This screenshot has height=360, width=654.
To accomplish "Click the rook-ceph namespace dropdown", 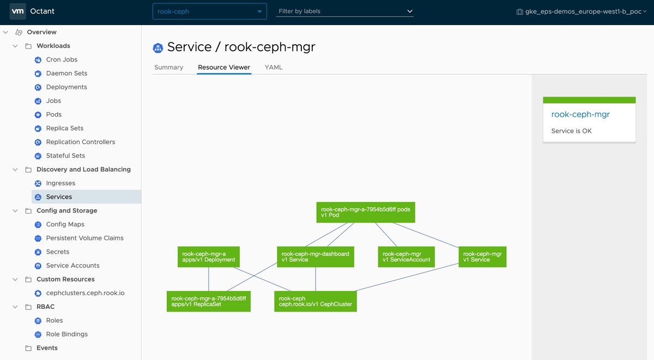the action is (209, 11).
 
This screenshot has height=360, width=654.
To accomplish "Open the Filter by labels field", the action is (344, 11).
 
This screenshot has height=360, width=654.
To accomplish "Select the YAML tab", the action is (273, 68).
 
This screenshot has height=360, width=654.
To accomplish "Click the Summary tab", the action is (168, 68).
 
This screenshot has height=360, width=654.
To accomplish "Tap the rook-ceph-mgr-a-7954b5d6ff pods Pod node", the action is (366, 212).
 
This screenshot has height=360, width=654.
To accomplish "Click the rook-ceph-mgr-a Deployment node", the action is (208, 257).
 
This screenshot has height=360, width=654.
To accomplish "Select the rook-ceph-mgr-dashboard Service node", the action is (316, 257).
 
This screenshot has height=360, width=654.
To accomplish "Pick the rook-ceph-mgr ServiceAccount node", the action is (406, 257).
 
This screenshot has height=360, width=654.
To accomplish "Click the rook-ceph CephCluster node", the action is (316, 301).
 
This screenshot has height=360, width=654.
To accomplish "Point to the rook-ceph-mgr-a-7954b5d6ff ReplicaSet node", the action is (208, 301).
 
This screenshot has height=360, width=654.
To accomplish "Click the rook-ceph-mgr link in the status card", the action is (580, 114).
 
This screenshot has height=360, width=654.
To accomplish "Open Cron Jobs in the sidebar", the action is (62, 59).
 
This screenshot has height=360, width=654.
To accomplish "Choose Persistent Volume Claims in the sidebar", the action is (84, 238).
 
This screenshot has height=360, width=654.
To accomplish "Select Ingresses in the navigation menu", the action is (60, 183).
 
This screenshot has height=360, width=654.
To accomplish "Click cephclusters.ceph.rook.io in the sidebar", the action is (85, 293).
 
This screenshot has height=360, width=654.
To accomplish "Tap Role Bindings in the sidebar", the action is (67, 334).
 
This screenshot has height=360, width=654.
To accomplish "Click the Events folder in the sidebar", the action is (47, 348).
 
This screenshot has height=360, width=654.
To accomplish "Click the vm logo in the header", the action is (17, 11).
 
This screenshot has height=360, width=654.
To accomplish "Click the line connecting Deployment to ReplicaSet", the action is (208, 279).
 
